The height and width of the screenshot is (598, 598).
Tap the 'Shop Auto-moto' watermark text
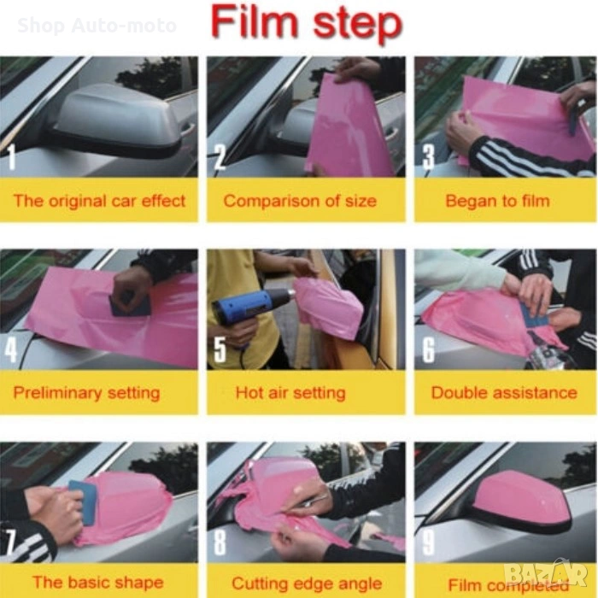[x=97, y=26]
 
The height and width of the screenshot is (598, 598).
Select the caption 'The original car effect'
[x=99, y=201]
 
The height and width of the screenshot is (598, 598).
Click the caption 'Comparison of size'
[x=300, y=201]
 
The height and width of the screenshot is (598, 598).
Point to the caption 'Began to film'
[x=497, y=201]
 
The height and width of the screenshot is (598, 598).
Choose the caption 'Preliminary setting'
[x=86, y=393]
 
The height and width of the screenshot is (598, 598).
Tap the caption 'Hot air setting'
[x=290, y=393]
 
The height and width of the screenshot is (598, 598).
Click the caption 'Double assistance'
[x=504, y=392]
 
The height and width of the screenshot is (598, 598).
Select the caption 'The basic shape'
[x=98, y=583]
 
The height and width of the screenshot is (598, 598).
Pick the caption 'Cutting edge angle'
[x=307, y=583]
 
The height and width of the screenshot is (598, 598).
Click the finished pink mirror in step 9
[x=521, y=499]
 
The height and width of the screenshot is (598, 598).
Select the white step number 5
[x=220, y=349]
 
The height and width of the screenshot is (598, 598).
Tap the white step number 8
[x=220, y=542]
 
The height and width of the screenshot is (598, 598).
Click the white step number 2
[x=220, y=157]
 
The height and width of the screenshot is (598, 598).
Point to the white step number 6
[x=428, y=349]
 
